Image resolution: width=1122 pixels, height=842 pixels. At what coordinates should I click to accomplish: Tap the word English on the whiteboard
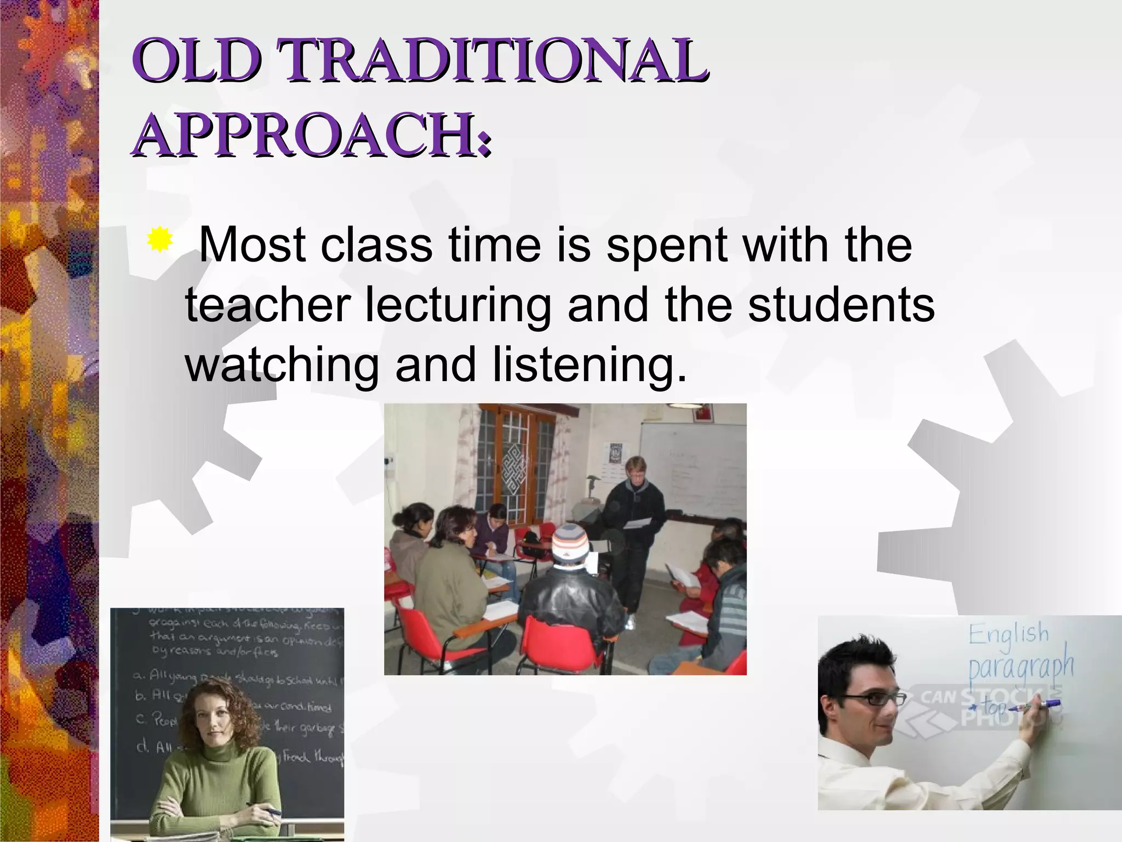[x=1009, y=634]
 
